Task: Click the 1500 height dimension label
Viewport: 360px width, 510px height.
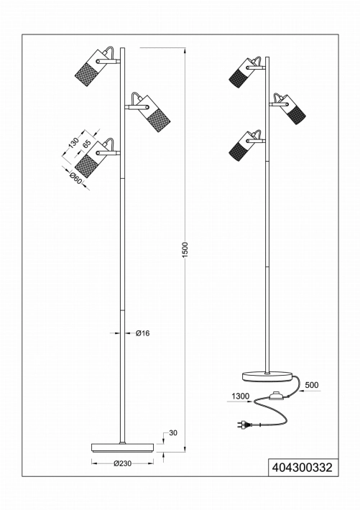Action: click(x=185, y=250)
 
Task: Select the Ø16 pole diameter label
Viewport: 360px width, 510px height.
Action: click(x=142, y=333)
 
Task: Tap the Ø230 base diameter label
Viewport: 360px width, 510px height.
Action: click(x=123, y=463)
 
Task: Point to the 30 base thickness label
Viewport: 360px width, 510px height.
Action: click(x=173, y=433)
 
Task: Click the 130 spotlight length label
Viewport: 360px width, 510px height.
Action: click(x=73, y=143)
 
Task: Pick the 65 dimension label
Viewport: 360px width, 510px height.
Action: click(x=86, y=144)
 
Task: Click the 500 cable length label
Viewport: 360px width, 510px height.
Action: click(x=312, y=385)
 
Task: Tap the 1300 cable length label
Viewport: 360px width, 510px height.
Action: click(x=241, y=397)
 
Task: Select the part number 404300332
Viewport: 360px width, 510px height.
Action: click(x=303, y=468)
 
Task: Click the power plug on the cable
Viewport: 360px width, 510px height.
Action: click(x=244, y=424)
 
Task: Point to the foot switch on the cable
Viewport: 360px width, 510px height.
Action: click(x=276, y=396)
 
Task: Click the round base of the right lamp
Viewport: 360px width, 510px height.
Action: click(x=267, y=376)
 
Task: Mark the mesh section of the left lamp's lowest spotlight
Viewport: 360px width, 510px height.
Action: click(x=84, y=167)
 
